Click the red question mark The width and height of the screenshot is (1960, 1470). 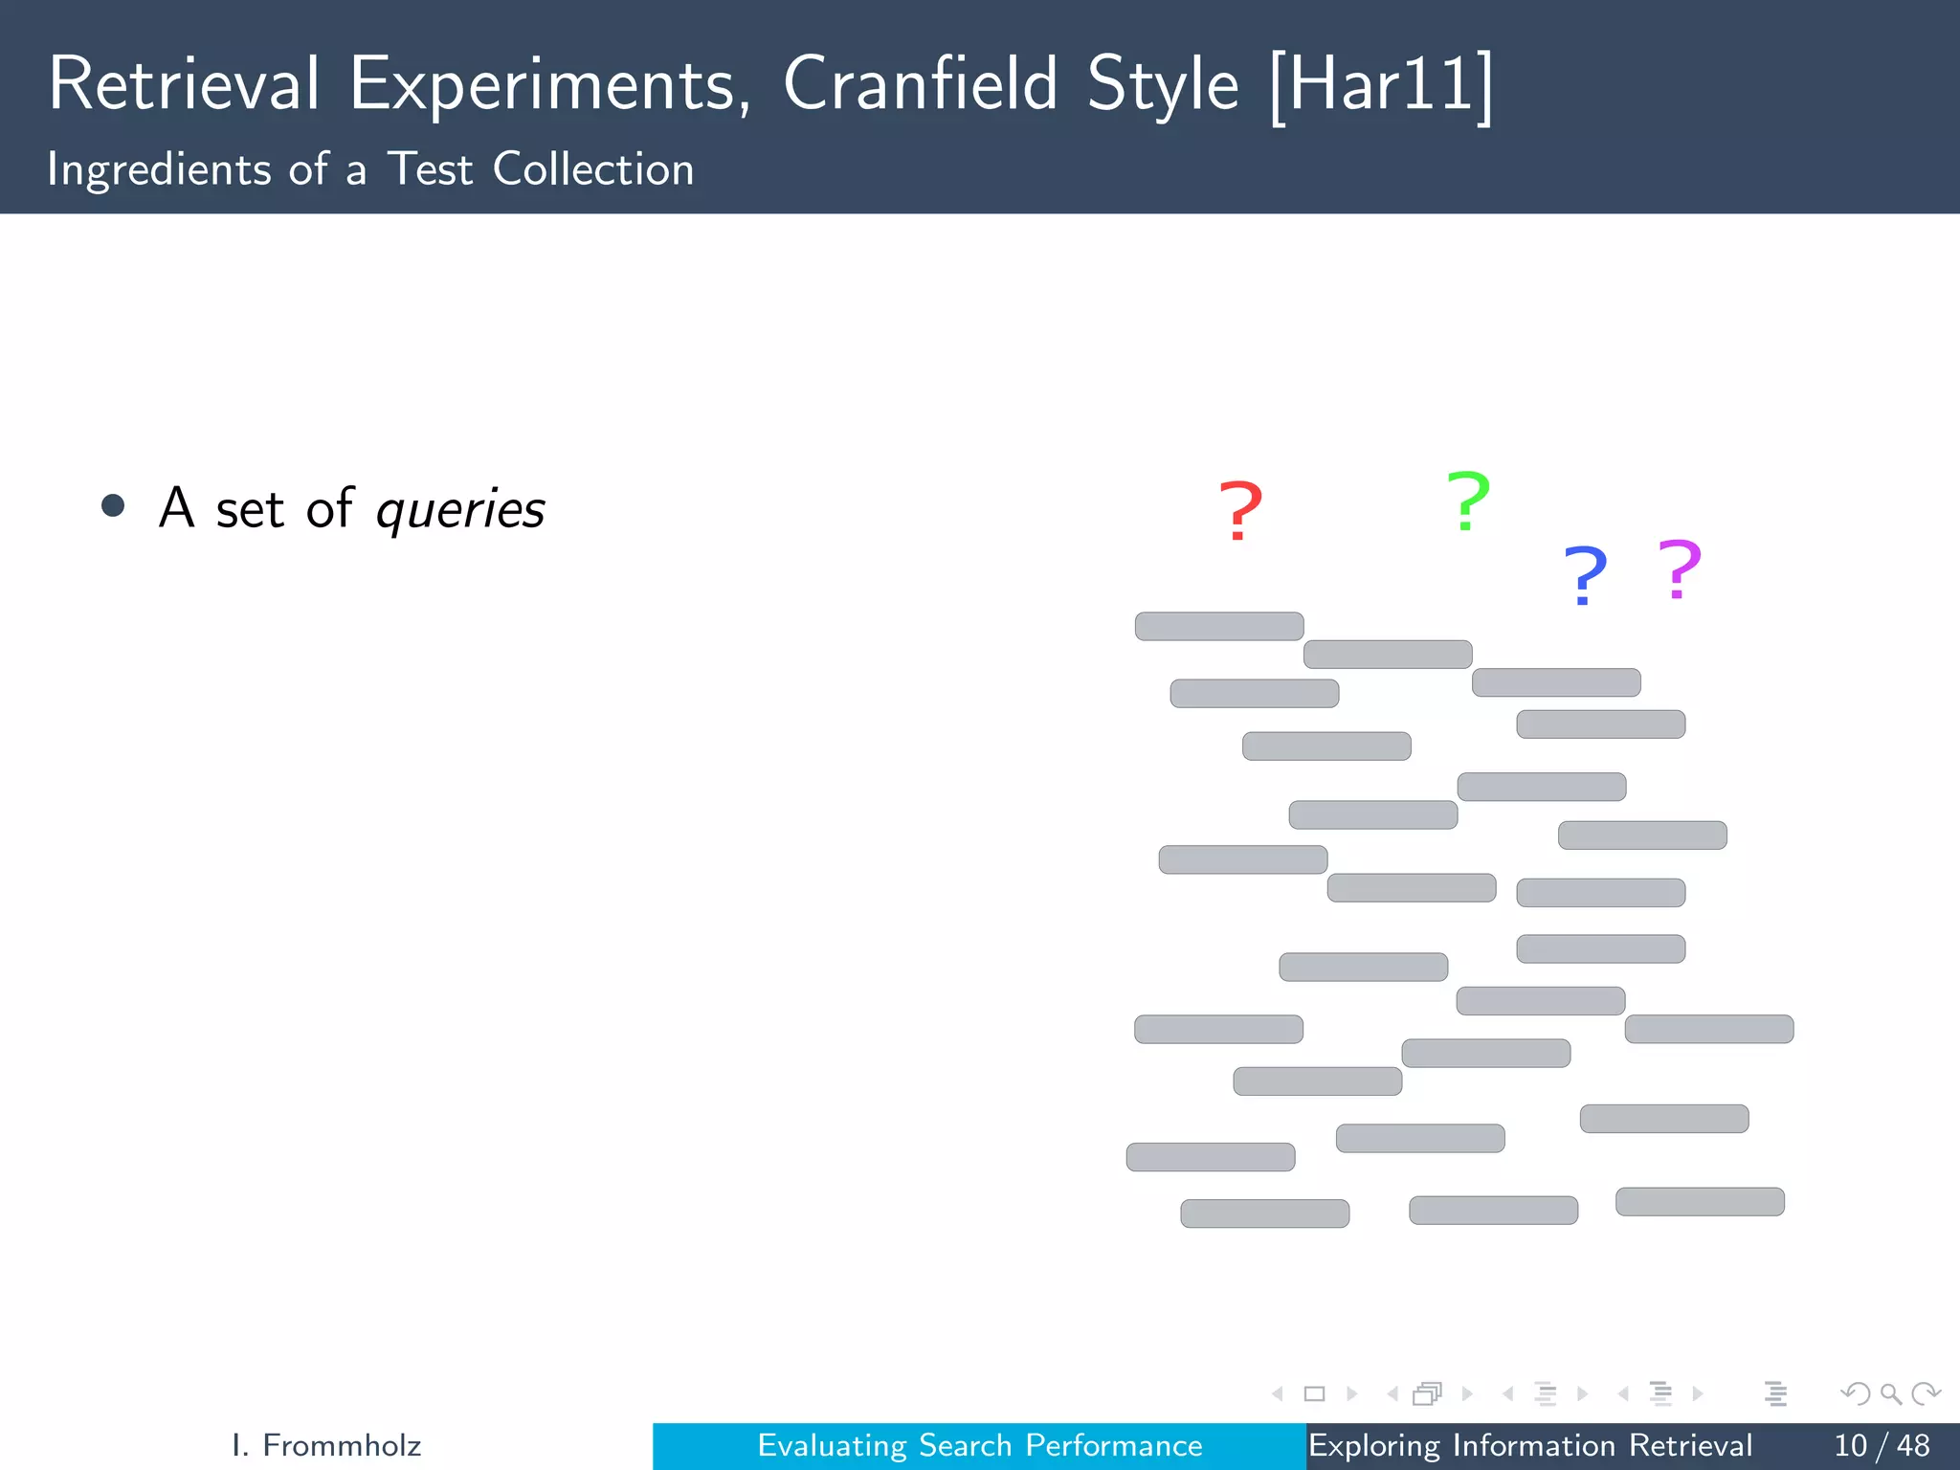pyautogui.click(x=1240, y=511)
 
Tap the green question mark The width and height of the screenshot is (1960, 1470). pyautogui.click(x=1468, y=501)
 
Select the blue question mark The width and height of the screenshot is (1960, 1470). pyautogui.click(x=1585, y=575)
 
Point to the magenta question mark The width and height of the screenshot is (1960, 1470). pyautogui.click(x=1680, y=570)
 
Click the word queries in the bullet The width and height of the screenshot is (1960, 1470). pyautogui.click(x=460, y=510)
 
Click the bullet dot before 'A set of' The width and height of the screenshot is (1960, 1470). pyautogui.click(x=113, y=505)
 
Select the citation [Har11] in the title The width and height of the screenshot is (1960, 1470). pyautogui.click(x=1381, y=86)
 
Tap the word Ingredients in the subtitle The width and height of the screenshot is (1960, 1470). pyautogui.click(x=159, y=170)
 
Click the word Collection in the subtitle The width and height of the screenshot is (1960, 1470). pyautogui.click(x=592, y=169)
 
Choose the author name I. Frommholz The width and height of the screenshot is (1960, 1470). pyautogui.click(x=326, y=1445)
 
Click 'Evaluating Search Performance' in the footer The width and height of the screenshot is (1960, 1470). pyautogui.click(x=979, y=1445)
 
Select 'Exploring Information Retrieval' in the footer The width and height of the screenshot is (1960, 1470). pyautogui.click(x=1529, y=1445)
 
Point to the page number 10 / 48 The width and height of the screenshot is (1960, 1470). pyautogui.click(x=1881, y=1445)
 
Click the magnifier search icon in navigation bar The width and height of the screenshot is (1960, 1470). pyautogui.click(x=1890, y=1393)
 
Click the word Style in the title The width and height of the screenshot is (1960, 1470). pyautogui.click(x=1163, y=86)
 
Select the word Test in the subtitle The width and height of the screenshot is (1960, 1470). pyautogui.click(x=430, y=169)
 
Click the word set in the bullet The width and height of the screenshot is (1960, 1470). pyautogui.click(x=250, y=509)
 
